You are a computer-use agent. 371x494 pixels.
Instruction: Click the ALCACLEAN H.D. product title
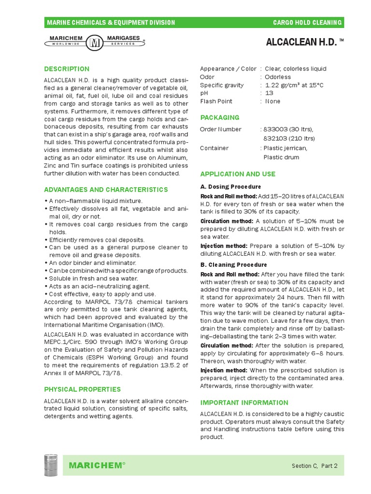(x=301, y=42)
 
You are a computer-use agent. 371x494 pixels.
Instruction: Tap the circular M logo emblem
(x=94, y=42)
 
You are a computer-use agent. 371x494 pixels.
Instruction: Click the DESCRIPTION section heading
(x=67, y=69)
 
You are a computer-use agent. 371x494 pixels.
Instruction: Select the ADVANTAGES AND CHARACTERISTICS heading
(x=106, y=190)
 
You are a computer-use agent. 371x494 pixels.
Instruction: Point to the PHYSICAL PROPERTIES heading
(x=82, y=389)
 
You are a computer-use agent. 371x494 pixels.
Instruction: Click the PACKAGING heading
(x=219, y=117)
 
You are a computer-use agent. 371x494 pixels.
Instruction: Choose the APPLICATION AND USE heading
(x=238, y=174)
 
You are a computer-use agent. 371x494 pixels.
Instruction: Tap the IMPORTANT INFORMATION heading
(x=244, y=402)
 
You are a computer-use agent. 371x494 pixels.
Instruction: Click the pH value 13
(x=269, y=93)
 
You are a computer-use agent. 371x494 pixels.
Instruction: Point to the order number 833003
(x=275, y=129)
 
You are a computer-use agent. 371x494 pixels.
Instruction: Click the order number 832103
(x=275, y=138)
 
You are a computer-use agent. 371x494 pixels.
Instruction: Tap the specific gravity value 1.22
(x=273, y=85)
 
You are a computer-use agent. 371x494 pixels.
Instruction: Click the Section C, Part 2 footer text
(x=314, y=466)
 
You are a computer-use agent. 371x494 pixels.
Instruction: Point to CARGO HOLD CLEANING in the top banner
(x=307, y=23)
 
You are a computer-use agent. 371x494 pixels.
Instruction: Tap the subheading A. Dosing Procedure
(x=230, y=187)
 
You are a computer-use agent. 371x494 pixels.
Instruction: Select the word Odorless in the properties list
(x=278, y=77)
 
